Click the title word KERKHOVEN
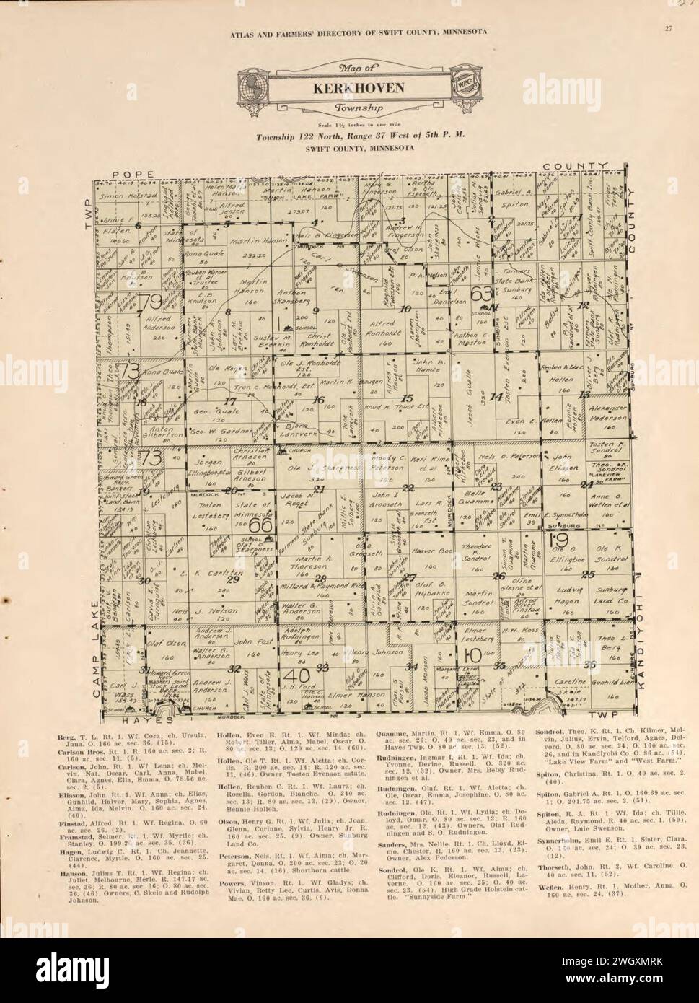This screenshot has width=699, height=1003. coord(348,89)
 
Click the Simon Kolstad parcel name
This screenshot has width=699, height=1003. coord(128,196)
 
